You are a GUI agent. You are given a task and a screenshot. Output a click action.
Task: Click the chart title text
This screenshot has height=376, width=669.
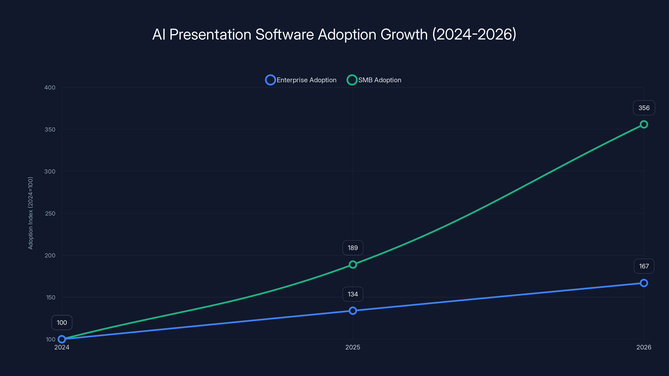pyautogui.click(x=334, y=34)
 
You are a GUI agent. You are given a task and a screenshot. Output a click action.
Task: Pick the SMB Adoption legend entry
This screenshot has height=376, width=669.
pyautogui.click(x=374, y=80)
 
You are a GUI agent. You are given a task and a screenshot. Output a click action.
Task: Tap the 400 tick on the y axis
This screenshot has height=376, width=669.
pyautogui.click(x=50, y=88)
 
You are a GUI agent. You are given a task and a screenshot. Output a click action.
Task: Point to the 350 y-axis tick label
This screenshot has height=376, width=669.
pyautogui.click(x=50, y=130)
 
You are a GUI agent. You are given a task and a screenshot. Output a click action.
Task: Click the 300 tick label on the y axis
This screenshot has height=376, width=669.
pyautogui.click(x=50, y=171)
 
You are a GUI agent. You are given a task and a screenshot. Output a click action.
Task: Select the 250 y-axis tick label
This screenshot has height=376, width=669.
pyautogui.click(x=50, y=213)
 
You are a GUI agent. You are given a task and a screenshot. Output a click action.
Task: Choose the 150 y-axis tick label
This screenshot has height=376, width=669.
pyautogui.click(x=51, y=298)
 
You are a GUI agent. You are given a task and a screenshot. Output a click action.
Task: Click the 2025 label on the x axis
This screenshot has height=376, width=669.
pyautogui.click(x=353, y=347)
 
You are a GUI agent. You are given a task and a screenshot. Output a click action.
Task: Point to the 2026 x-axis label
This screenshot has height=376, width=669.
pyautogui.click(x=643, y=347)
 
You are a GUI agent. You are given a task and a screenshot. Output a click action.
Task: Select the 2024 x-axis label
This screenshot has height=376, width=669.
pyautogui.click(x=62, y=347)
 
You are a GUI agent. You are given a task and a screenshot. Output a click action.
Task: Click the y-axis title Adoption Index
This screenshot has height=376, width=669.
pyautogui.click(x=31, y=213)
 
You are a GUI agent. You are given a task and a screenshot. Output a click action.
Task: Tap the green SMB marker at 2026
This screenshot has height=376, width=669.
pyautogui.click(x=643, y=124)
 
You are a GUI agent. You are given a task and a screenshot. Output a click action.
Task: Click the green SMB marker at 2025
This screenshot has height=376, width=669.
pyautogui.click(x=353, y=264)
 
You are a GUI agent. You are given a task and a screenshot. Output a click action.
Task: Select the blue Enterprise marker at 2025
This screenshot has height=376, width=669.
pyautogui.click(x=353, y=311)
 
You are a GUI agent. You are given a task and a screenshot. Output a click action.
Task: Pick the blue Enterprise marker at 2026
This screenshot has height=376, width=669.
pyautogui.click(x=643, y=283)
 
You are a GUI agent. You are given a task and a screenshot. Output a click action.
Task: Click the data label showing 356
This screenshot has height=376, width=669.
pyautogui.click(x=644, y=108)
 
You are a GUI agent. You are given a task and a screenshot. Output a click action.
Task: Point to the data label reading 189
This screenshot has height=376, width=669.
pyautogui.click(x=353, y=248)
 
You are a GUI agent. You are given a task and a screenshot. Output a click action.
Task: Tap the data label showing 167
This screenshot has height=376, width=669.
pyautogui.click(x=644, y=266)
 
